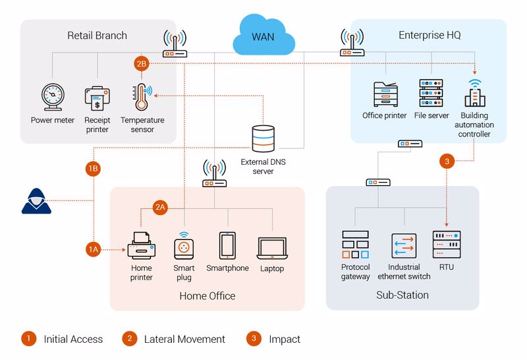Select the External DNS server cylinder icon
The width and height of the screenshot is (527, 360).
(x=263, y=139)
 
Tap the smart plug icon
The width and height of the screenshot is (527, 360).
(x=184, y=247)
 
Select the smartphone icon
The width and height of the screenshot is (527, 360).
(x=227, y=245)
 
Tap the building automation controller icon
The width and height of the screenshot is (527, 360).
(x=474, y=94)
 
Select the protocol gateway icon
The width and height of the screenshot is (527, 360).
(x=355, y=245)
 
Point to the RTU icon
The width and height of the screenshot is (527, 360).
(x=447, y=245)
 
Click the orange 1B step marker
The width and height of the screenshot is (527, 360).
(x=94, y=168)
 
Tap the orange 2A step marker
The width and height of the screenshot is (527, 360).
(x=160, y=206)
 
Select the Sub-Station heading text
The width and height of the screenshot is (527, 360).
(x=402, y=295)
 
